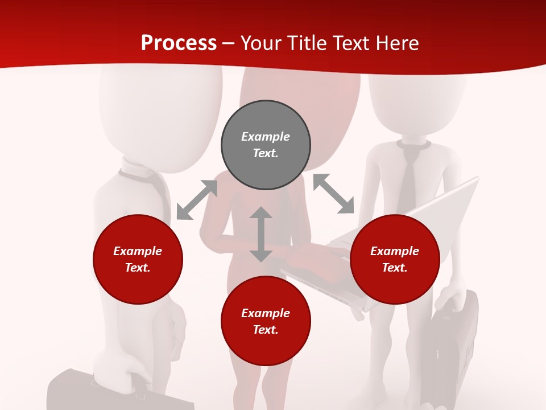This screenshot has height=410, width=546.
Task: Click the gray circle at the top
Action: [266, 145]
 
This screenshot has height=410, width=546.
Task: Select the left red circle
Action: [138, 259]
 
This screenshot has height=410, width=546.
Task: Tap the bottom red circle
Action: [266, 321]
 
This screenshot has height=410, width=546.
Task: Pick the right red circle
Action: [395, 259]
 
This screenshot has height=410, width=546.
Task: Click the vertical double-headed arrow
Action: [261, 234]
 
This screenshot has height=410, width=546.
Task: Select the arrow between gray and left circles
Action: [197, 200]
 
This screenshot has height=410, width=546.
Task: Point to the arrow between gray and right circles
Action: [334, 194]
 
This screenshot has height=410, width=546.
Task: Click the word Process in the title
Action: [179, 43]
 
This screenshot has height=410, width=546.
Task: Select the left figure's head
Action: [160, 114]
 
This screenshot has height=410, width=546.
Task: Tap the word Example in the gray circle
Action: [266, 137]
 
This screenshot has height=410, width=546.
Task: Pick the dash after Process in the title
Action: [229, 43]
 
